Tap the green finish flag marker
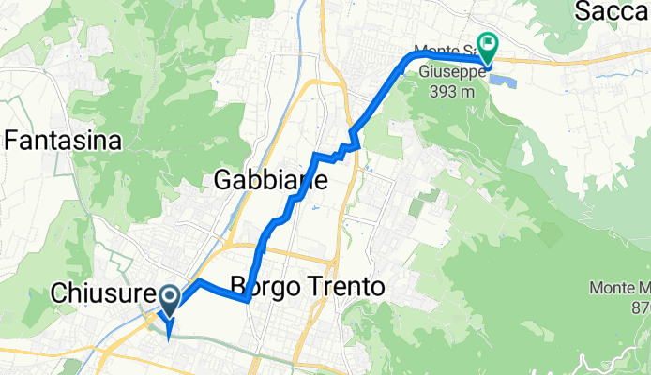point(488,44)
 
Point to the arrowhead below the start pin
point(168,329)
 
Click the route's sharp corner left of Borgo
point(246,300)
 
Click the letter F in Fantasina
point(12,142)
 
